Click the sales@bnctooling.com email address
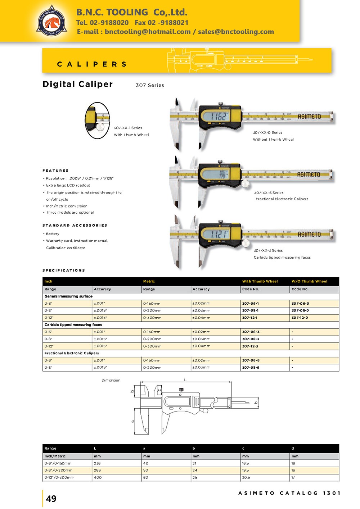coord(236,32)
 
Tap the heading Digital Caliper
coord(77,84)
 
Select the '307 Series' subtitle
coord(150,85)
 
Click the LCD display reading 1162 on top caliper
coord(219,116)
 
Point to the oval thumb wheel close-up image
coord(97,121)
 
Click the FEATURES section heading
coord(55,171)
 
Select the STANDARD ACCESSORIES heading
coord(75,225)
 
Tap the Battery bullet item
coord(53,234)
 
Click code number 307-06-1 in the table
coord(250,304)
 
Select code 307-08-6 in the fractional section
coord(251,368)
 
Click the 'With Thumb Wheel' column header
coord(260,281)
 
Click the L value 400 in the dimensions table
coord(98,477)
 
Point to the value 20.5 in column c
coord(246,477)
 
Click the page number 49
coord(51,499)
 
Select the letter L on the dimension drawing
coord(185,380)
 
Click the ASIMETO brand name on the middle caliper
coord(309,174)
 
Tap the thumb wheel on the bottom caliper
coord(246,244)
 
